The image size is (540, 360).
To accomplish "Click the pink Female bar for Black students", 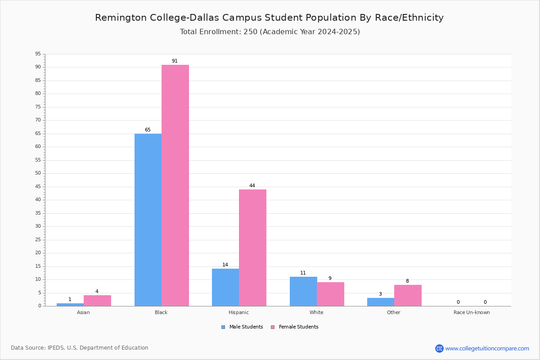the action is tap(175, 185).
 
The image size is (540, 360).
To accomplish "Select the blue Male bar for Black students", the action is tap(148, 220).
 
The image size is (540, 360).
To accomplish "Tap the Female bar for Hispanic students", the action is tap(252, 248).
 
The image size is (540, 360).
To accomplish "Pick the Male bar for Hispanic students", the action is tap(225, 288).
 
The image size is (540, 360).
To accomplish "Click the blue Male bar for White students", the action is tap(303, 292).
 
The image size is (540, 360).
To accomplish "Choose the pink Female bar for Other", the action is tap(408, 296).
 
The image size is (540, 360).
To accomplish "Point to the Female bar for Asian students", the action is tap(97, 301).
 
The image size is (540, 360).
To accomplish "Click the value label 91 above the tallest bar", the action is tap(175, 61).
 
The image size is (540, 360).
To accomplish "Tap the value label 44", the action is tap(252, 186).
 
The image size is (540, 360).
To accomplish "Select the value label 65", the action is tap(148, 130).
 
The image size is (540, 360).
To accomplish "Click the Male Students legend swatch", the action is tap(223, 327).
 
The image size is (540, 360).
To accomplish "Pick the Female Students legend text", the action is tap(298, 327).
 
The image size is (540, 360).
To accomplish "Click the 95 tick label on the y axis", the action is tap(38, 54).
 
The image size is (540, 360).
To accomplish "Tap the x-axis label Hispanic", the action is tap(238, 312).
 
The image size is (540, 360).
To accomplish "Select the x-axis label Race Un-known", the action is tap(472, 312).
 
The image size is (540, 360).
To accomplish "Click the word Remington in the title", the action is tap(121, 18).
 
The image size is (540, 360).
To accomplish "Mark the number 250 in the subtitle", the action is tap(251, 32).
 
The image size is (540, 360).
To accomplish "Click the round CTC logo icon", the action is tap(439, 348).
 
